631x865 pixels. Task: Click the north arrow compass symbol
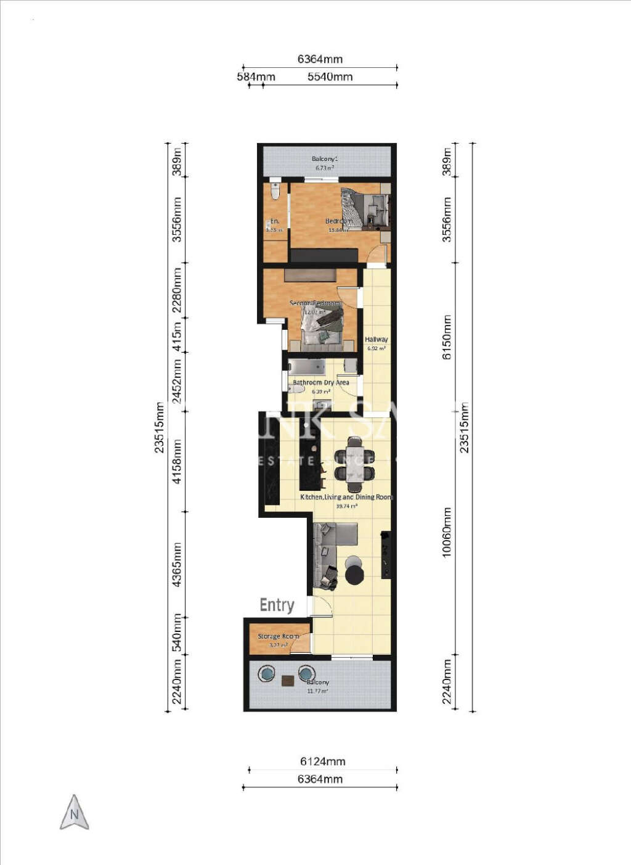75,813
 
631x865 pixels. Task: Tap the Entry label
277,605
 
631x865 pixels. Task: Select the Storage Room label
278,636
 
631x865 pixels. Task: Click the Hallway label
376,340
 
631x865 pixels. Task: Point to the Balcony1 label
325,159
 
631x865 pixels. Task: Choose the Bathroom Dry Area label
320,383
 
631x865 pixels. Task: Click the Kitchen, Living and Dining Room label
346,497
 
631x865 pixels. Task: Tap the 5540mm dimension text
330,77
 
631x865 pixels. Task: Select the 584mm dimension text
256,77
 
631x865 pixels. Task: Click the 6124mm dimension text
322,761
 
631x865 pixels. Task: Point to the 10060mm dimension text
447,533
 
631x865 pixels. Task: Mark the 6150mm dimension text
447,338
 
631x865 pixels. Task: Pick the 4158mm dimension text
177,461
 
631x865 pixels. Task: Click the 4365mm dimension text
177,564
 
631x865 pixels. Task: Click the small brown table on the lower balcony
288,681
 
